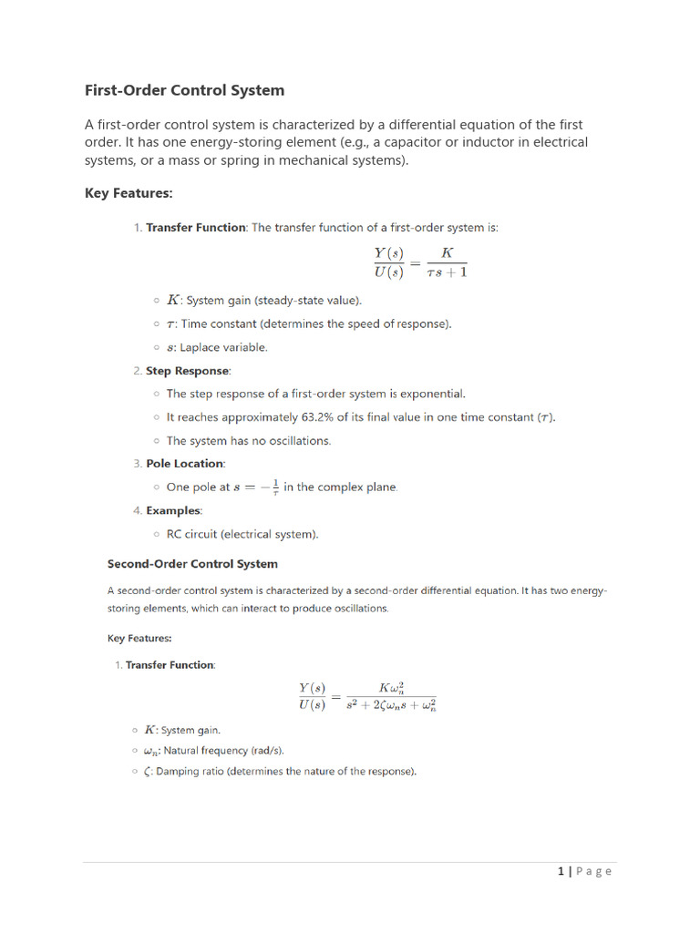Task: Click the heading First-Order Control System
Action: pos(184,90)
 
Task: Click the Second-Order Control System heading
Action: pos(192,564)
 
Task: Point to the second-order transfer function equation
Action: pos(367,697)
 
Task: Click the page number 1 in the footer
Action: pos(561,871)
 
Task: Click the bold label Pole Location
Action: pos(185,464)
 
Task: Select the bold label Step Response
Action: pos(188,371)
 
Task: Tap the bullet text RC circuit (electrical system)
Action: pos(242,534)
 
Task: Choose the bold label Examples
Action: pos(174,511)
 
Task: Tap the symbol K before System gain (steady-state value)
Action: pos(173,300)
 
